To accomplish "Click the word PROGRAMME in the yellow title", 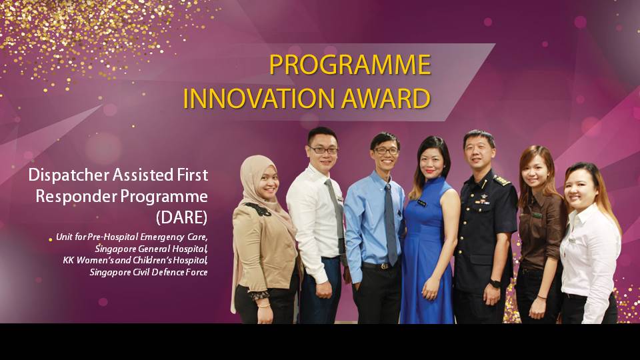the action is coord(350,65).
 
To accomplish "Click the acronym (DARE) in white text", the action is coord(181,217).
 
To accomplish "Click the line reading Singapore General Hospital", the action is coord(151,249).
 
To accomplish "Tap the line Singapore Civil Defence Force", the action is coord(149,272).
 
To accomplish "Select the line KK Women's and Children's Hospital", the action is coord(135,260).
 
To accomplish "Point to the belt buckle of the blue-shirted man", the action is coord(384,267).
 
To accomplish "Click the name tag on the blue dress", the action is coord(421,203).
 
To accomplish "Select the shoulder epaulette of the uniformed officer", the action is coord(501,180).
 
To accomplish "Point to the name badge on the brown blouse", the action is coord(537,215).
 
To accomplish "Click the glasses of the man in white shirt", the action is coord(324,150).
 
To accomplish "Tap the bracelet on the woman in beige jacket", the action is coord(264,305).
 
